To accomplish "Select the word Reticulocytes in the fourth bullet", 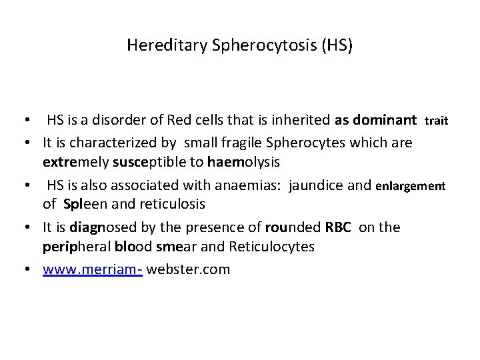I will pyautogui.click(x=277, y=247).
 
